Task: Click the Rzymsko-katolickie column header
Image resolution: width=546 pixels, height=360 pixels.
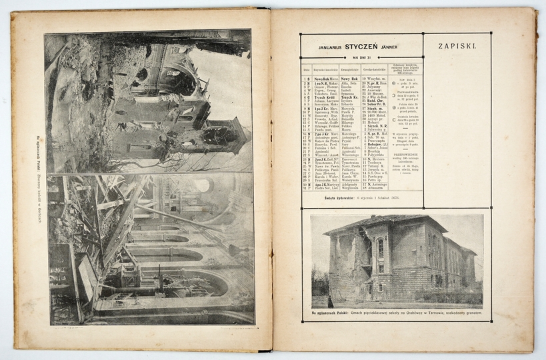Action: pyautogui.click(x=326, y=69)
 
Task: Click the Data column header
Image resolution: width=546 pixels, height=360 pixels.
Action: pyautogui.click(x=307, y=69)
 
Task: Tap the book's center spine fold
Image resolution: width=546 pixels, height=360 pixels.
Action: pyautogui.click(x=271, y=180)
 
